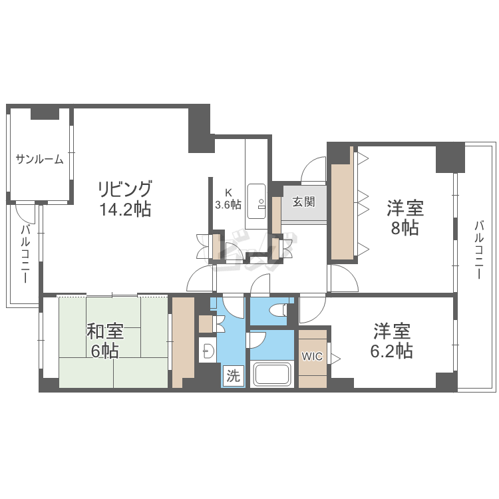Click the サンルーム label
coord(39,159)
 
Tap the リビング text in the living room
coord(125,189)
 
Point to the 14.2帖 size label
coord(125,210)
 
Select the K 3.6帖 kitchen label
coord(228,198)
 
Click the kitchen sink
coord(257,202)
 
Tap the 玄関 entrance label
coord(303,202)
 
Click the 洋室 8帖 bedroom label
coord(405,218)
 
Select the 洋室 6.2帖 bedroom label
coord(392,341)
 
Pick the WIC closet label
coord(312,357)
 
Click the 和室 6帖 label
coord(105,341)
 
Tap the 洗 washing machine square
coord(234,376)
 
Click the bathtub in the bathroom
coord(272,374)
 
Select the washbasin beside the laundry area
coord(208,350)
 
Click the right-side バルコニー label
coord(479,250)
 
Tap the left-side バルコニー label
coord(25,254)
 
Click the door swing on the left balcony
coord(25,213)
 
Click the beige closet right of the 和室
coord(183,343)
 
